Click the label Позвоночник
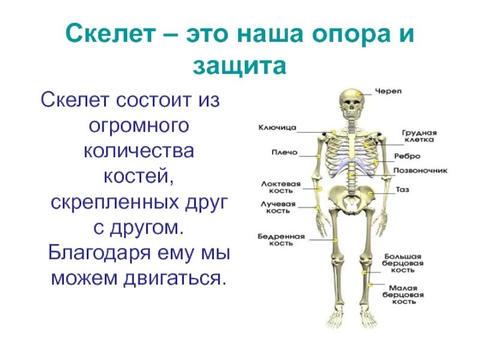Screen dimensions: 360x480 (x=420, y=170)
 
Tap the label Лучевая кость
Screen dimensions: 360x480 (x=278, y=208)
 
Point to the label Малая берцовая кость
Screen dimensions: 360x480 (x=403, y=295)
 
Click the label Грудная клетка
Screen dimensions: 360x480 (x=419, y=136)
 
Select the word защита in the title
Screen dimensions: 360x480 (x=239, y=65)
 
